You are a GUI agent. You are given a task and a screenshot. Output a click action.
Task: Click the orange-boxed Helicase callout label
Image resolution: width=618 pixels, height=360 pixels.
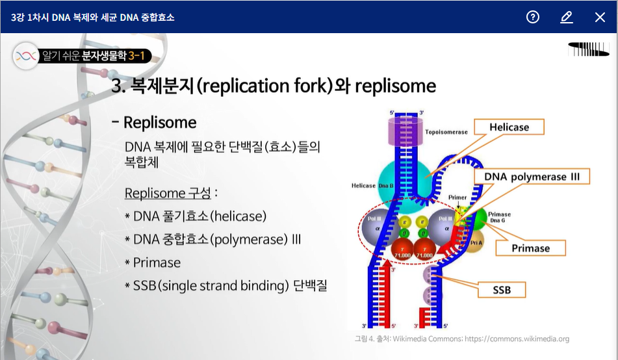click(509, 127)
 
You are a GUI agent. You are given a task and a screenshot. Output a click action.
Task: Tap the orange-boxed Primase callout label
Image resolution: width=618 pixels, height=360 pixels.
click(530, 248)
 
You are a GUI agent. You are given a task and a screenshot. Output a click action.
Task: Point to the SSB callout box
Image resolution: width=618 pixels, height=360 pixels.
click(502, 290)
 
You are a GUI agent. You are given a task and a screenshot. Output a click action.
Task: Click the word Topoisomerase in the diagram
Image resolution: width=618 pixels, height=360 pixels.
click(446, 132)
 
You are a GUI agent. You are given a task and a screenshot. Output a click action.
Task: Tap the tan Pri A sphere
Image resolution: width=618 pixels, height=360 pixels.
click(476, 243)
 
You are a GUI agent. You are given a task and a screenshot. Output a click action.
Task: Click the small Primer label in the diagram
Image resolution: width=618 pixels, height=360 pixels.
click(457, 197)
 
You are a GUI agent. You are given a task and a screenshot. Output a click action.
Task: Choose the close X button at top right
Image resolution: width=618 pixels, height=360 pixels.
click(600, 17)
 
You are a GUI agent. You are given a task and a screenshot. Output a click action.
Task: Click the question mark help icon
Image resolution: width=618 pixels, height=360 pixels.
click(533, 17)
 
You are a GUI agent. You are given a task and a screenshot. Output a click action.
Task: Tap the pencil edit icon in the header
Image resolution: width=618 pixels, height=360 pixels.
click(566, 17)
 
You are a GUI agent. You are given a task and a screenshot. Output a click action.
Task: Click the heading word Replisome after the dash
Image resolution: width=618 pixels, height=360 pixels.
click(160, 123)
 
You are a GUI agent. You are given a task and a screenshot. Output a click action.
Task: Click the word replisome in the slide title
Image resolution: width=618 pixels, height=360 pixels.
click(395, 86)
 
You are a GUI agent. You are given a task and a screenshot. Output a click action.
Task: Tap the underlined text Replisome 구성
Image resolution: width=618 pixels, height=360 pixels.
click(168, 193)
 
